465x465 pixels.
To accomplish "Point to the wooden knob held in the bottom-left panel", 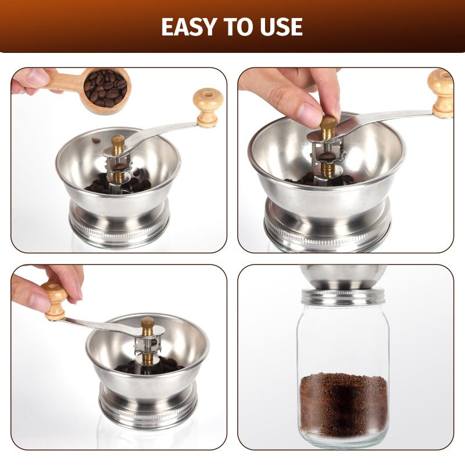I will [56, 299].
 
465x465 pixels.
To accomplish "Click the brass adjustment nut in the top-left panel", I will [118, 143].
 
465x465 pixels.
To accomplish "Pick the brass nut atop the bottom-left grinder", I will [148, 326].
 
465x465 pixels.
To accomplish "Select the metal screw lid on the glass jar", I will [343, 296].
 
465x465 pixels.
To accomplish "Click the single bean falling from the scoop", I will [96, 140].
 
